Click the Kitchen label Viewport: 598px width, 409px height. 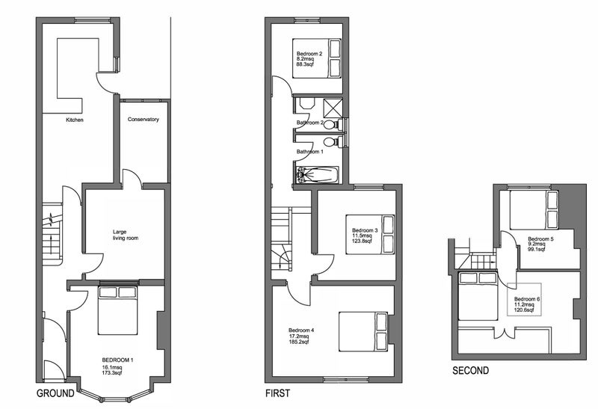[x=74, y=120]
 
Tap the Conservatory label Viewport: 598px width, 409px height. [x=143, y=120]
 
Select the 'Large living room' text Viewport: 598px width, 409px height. [x=126, y=235]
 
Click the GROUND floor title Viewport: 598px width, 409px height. [x=55, y=393]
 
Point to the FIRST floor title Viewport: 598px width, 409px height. [x=277, y=393]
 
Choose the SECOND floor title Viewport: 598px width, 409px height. [x=471, y=370]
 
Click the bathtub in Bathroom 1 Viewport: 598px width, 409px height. [x=317, y=175]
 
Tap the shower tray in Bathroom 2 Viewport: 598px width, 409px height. [x=333, y=108]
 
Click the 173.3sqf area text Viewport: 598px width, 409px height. [x=112, y=372]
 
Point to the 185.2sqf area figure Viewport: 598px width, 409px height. [x=299, y=342]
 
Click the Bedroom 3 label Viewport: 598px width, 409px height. [x=365, y=230]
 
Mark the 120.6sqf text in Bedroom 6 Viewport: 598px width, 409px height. [x=525, y=310]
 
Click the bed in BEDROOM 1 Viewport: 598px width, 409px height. [x=117, y=310]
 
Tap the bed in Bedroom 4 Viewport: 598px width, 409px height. [x=364, y=331]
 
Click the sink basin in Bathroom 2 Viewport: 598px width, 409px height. [x=306, y=104]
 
